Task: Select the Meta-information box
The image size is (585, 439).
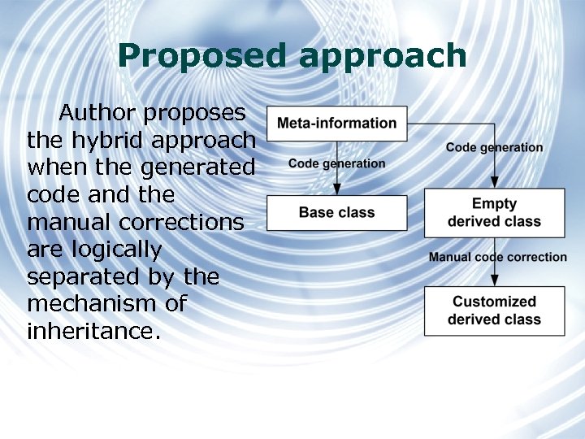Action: coord(337,124)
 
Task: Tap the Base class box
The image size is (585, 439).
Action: coord(337,213)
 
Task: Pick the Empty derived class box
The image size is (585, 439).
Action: coord(494,213)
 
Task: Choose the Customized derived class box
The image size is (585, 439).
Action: coord(494,311)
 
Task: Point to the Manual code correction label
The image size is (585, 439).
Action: coord(497,257)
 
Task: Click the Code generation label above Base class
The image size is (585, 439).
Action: coord(336,163)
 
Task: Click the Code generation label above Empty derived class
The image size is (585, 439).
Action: coord(494,147)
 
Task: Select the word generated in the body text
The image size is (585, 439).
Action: coord(197,167)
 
